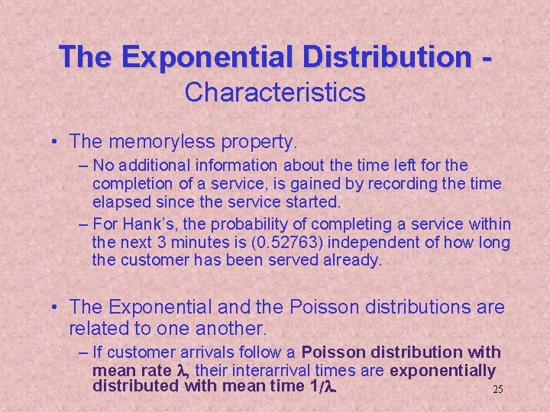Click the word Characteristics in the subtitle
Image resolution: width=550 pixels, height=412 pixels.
coord(275,92)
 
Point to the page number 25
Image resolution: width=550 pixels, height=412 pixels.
coord(497,389)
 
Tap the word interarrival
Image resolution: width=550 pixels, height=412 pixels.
coord(284,371)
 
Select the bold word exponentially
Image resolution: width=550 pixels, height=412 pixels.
coord(442,371)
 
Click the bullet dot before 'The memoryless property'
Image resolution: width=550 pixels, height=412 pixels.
coord(57,142)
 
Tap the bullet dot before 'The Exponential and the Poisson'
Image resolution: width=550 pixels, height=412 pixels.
coord(57,307)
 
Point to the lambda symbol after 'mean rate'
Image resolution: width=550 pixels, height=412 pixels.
coord(182,371)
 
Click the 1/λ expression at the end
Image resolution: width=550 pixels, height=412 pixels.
coord(327,387)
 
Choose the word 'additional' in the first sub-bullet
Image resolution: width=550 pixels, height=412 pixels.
coord(156,166)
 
